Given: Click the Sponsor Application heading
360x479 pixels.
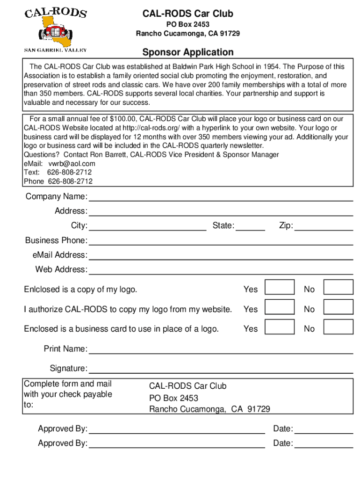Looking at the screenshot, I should pos(187,52).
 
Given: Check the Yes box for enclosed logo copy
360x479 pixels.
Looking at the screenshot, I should pos(280,287).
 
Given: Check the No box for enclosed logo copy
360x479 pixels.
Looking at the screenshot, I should pos(338,287).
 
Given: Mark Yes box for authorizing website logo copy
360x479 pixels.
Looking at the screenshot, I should pos(280,307).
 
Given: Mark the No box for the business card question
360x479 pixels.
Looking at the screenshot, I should pos(338,327).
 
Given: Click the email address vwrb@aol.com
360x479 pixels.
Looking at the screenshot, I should pos(72,164).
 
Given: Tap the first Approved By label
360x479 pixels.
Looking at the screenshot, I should pos(62,429).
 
